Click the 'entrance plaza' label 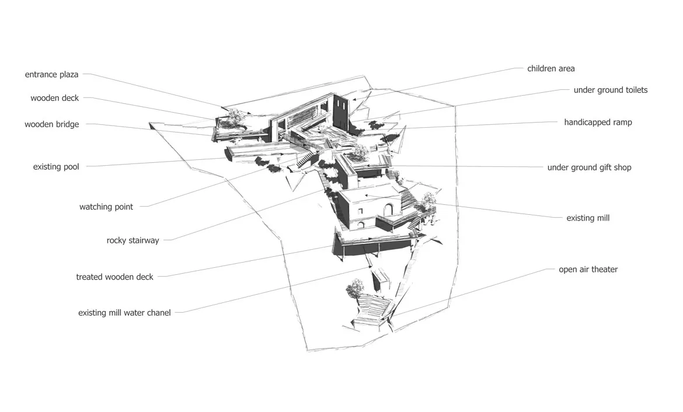51,75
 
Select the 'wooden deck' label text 54,98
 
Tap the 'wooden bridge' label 52,124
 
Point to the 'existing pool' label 56,167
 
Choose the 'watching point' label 106,207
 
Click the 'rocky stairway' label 133,240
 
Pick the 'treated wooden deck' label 114,277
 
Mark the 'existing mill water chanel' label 124,313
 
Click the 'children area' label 551,68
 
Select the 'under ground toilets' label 610,90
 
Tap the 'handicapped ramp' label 598,123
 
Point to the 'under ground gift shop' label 590,167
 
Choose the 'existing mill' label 588,218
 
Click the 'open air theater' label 588,270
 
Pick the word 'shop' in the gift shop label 622,167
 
